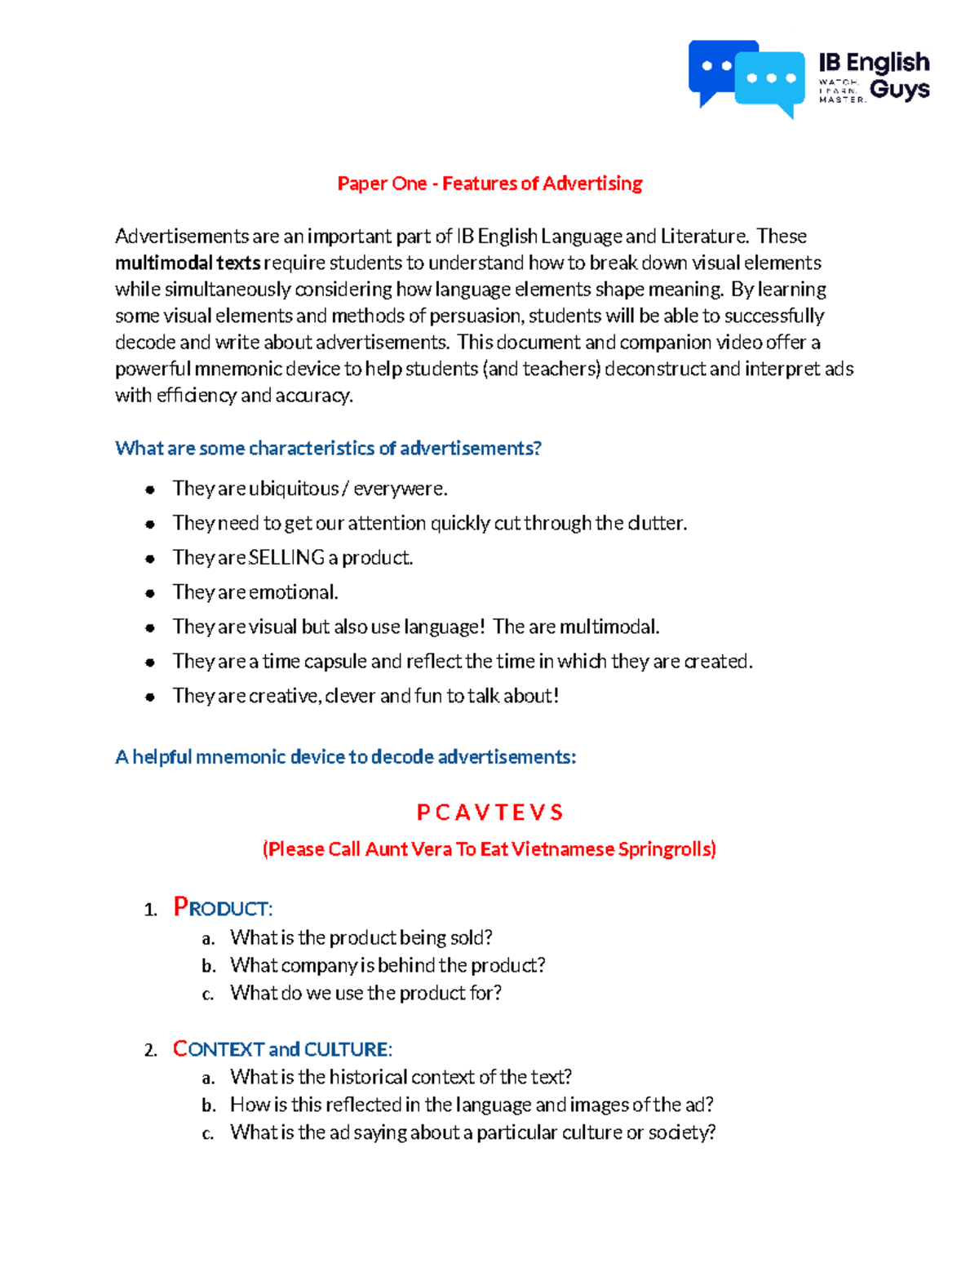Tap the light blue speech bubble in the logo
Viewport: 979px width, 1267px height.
pos(771,80)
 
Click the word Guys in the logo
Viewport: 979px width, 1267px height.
pos(900,89)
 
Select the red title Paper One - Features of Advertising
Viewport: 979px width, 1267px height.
pos(489,184)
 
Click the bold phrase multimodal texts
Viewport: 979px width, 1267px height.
pos(188,263)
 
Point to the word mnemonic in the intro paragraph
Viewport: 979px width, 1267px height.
pos(245,369)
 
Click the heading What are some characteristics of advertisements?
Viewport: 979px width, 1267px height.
pos(328,448)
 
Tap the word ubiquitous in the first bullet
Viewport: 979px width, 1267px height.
pos(294,489)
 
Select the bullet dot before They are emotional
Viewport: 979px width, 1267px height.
pos(150,593)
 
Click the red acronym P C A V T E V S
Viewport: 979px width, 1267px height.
pos(489,813)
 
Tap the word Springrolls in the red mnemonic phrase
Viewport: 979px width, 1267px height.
pos(667,849)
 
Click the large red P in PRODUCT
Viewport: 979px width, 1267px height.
pos(180,906)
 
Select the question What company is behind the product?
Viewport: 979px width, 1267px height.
pos(388,965)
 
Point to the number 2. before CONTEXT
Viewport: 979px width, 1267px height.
pos(151,1051)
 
